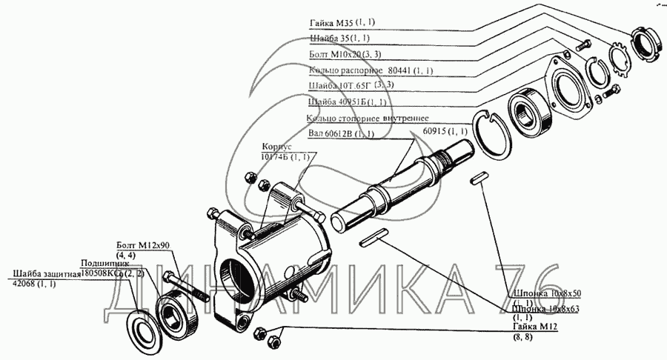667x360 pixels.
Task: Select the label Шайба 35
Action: point(339,39)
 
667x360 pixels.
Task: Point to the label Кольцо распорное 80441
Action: point(370,70)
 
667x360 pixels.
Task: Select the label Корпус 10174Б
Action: point(285,152)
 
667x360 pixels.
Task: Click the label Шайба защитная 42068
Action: point(44,278)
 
